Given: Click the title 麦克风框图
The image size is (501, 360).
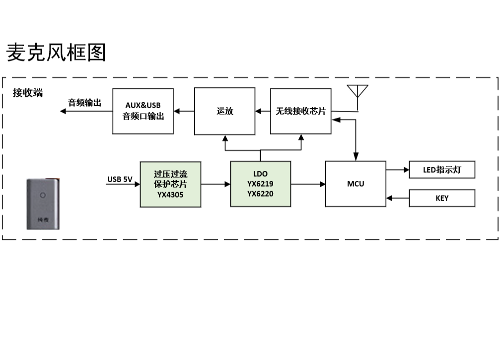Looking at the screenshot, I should pos(56,53).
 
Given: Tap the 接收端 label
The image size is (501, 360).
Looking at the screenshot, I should pos(28,93).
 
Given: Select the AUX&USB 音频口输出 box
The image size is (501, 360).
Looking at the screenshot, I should pos(143,111).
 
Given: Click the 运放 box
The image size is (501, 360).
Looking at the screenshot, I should pos(225,111).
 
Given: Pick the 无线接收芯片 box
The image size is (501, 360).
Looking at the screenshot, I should pos(301,111).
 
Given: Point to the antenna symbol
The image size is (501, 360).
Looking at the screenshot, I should pos(358,93).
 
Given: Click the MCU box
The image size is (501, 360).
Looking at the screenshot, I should pos(356,184).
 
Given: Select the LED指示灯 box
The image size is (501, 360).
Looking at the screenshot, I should pos(442,170).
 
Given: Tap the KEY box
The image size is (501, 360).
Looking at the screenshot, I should pos(442,198).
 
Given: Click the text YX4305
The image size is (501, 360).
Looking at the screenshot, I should pos(170,195).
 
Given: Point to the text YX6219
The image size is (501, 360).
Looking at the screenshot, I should pos(260,184).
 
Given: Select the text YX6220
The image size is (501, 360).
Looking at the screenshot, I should pos(260,194).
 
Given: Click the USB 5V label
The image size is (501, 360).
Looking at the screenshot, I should pos(120,179).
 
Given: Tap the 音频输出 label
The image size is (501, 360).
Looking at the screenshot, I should pos(84,103).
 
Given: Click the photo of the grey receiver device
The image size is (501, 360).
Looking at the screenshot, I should pos(43,205).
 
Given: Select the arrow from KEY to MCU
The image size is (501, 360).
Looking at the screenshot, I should pos(397,198).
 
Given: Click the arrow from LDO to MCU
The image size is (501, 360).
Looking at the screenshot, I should pos(308,184).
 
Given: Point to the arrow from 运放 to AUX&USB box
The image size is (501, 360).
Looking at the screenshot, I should pos(184,111).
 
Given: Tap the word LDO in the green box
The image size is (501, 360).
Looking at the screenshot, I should pos(260,174).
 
